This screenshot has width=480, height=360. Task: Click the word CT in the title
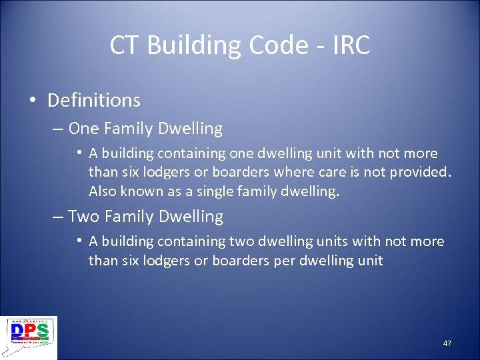(x=125, y=45)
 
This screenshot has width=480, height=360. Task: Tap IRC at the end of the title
(x=349, y=45)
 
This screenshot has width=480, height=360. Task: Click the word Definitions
(x=94, y=101)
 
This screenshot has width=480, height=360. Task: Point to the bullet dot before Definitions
(x=33, y=101)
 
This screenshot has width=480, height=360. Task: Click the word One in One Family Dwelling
(x=83, y=128)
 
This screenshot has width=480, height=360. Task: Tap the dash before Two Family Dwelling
(x=58, y=217)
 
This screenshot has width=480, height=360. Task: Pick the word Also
(x=103, y=192)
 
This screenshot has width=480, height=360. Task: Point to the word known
(x=141, y=192)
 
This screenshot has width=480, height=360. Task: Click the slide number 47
(x=447, y=343)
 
